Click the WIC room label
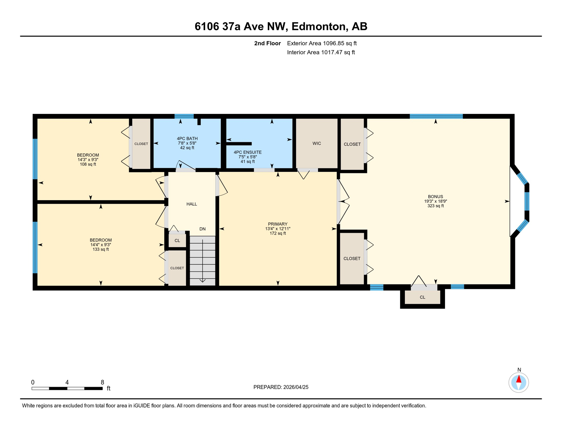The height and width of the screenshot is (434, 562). click(x=317, y=144)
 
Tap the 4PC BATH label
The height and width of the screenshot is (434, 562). click(x=187, y=138)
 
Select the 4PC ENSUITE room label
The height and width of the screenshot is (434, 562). click(x=248, y=152)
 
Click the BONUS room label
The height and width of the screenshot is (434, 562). click(x=435, y=197)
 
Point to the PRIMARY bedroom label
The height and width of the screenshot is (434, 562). click(x=278, y=224)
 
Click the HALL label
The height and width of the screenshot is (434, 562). click(x=192, y=204)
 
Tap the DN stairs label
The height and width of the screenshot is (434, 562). click(x=202, y=229)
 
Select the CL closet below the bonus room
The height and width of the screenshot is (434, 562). click(x=422, y=297)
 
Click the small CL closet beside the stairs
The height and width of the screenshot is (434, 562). click(x=177, y=241)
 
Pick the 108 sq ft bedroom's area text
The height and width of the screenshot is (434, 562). click(x=88, y=164)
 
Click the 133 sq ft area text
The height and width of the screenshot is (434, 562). click(x=101, y=249)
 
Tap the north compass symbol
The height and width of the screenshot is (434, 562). click(x=518, y=383)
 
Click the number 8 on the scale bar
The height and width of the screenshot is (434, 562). click(x=102, y=382)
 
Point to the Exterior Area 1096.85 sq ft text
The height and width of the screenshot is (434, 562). click(x=322, y=43)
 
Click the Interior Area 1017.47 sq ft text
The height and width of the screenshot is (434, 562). click(x=321, y=52)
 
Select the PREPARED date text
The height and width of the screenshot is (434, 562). click(x=281, y=387)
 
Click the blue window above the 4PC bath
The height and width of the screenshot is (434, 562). click(x=184, y=116)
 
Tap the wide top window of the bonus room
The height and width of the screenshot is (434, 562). click(x=436, y=116)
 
